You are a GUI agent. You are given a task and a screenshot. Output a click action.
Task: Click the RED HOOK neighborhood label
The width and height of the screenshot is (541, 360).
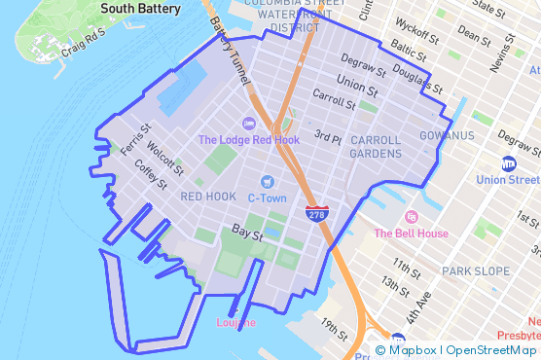tap(208, 197)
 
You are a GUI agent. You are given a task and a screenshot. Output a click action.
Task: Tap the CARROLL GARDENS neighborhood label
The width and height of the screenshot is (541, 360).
tap(376, 147)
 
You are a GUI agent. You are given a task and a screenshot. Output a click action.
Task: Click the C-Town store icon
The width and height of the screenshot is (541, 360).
tap(267, 182)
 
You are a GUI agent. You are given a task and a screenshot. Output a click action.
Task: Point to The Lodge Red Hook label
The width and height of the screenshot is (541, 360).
tap(248, 139)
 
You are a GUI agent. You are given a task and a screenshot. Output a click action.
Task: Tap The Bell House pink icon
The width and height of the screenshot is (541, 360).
tap(412, 216)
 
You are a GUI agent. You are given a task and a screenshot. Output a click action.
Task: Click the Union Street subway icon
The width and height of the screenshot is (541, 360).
tap(508, 162)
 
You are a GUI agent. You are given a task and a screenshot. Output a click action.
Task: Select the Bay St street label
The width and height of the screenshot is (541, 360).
tap(248, 234)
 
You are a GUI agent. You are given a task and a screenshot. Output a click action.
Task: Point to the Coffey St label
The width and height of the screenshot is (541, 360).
tap(151, 174)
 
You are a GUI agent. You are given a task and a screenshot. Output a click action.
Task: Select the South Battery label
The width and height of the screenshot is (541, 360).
tap(140, 9)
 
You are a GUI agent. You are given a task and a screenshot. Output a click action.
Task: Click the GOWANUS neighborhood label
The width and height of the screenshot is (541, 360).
tap(447, 135)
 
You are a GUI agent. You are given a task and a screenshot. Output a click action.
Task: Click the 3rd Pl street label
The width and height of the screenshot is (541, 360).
tap(328, 138)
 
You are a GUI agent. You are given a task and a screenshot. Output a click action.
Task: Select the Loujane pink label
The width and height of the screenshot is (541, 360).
tap(235, 322)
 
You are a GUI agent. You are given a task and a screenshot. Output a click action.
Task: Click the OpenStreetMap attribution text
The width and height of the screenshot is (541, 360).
tap(491, 350)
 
